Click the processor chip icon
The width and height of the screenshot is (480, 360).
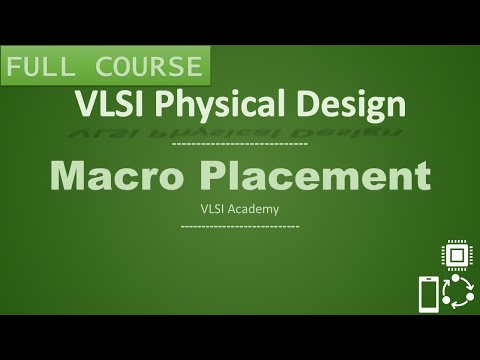456,256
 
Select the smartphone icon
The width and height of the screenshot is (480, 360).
427,295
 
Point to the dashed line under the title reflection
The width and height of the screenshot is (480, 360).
240,146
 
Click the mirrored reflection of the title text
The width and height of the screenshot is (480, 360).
240,130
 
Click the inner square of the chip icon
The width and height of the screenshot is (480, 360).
456,256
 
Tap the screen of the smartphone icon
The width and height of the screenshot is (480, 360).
427,295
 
